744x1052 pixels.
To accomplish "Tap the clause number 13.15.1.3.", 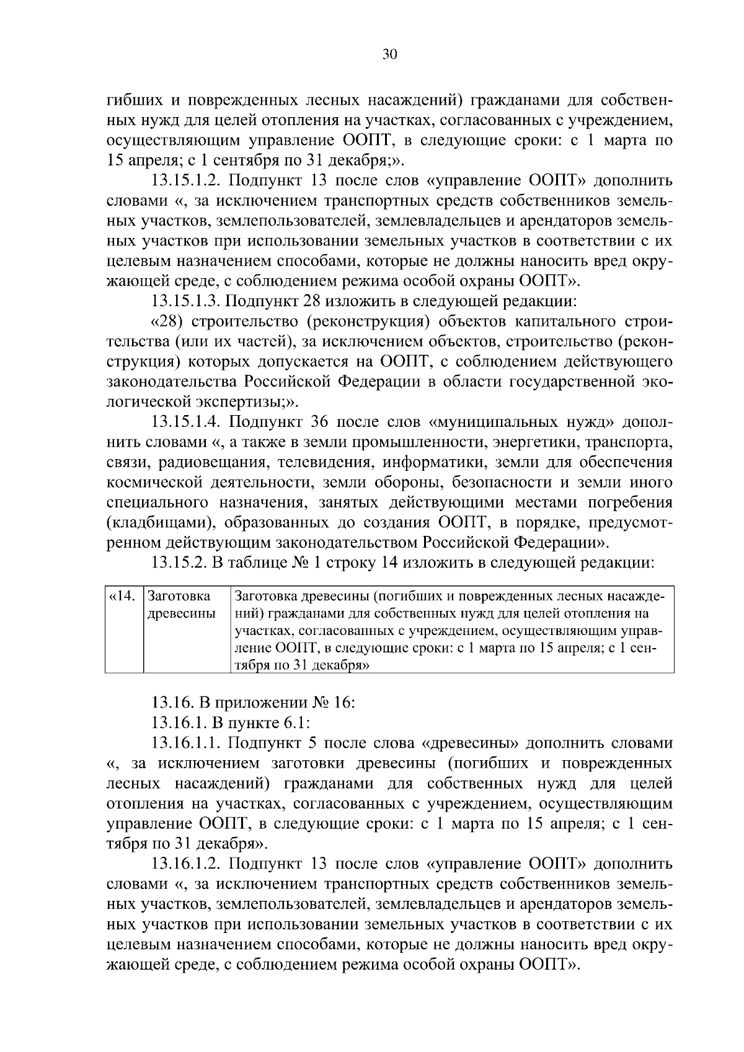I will pyautogui.click(x=188, y=302).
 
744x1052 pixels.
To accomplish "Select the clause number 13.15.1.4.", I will pyautogui.click(x=188, y=423).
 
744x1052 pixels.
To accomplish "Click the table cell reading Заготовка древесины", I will pyautogui.click(x=182, y=605).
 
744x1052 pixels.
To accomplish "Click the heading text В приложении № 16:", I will pyautogui.click(x=275, y=703).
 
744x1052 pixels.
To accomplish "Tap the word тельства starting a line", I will pyautogui.click(x=137, y=342).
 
